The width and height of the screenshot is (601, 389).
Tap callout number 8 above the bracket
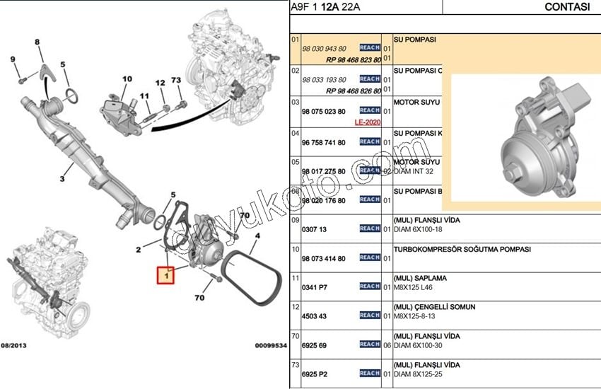tap(37, 42)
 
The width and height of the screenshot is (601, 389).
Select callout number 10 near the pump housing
tap(127, 79)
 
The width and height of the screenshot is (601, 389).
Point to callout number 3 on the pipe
tap(62, 168)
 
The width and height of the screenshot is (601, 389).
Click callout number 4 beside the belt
tap(257, 236)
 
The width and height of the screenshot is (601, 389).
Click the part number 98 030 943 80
tap(324, 48)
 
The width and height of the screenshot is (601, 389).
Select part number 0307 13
tap(314, 229)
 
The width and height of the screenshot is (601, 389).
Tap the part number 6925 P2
tap(314, 373)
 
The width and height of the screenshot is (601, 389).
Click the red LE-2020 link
tap(368, 122)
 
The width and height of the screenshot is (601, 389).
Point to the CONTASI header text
tap(567, 7)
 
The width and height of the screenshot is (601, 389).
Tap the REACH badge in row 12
tap(370, 315)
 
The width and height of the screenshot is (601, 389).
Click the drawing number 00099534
tap(271, 346)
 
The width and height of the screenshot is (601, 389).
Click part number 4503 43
tap(314, 315)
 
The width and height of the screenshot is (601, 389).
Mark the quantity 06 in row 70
tap(387, 345)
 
